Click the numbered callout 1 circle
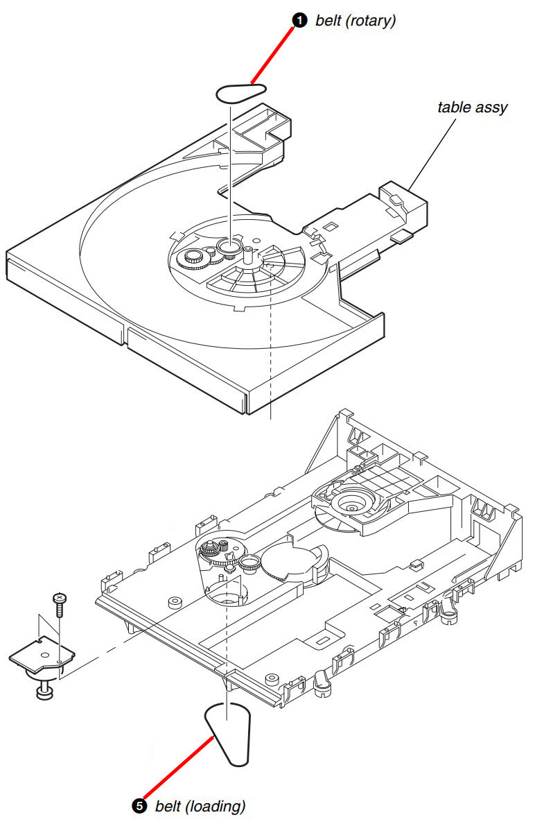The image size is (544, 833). (x=299, y=21)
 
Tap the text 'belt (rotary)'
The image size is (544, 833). (x=356, y=21)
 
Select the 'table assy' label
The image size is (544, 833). (x=473, y=107)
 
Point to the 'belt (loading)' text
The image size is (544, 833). (x=200, y=806)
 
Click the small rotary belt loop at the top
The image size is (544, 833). (x=241, y=92)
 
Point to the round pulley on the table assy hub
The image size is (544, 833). (x=228, y=246)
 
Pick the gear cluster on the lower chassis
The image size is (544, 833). (x=213, y=552)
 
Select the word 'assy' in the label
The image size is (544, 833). (x=493, y=108)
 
